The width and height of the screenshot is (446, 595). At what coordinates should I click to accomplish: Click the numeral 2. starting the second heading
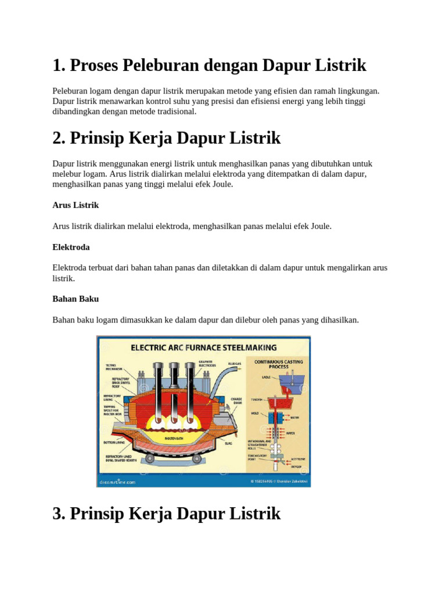(59, 138)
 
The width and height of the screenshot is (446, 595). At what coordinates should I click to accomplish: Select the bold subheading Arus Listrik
(75, 205)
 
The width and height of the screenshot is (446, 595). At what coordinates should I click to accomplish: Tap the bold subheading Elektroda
(71, 247)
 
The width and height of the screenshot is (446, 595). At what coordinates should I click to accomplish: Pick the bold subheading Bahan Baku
(75, 299)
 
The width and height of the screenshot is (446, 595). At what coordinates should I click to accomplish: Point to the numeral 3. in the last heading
(59, 514)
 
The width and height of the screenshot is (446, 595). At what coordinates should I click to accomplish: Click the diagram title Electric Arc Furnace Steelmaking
(203, 347)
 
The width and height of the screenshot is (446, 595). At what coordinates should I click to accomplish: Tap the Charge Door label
(236, 401)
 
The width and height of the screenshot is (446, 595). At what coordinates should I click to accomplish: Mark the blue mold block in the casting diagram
(275, 418)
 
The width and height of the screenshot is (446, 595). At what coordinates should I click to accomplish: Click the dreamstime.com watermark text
(117, 482)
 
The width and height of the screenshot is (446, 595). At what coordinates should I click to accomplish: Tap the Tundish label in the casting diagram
(257, 400)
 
